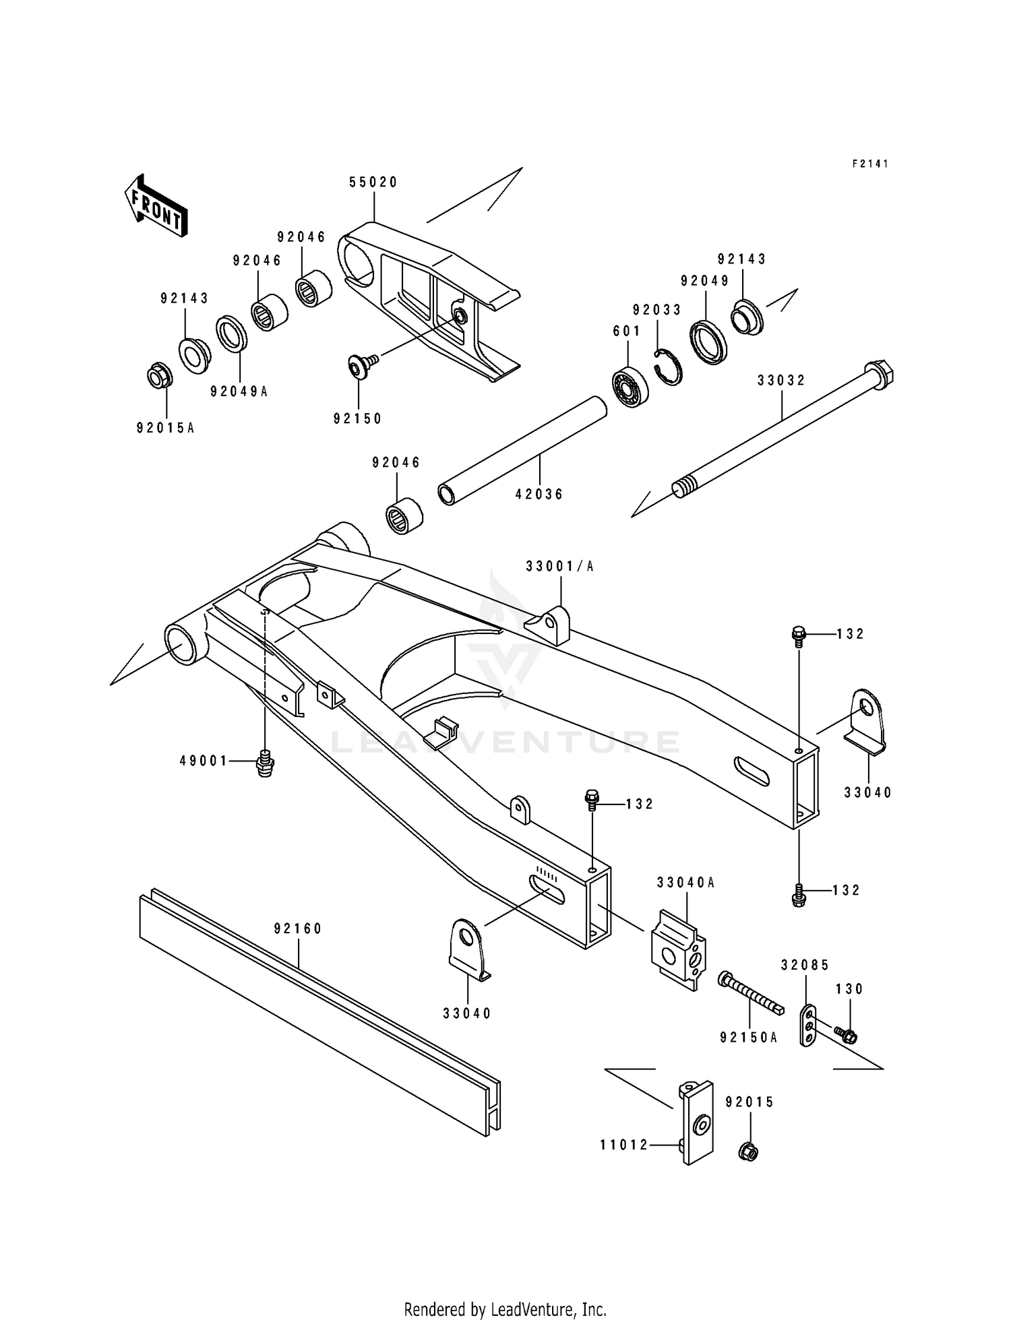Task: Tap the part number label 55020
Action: coord(373,183)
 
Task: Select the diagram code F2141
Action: coord(870,164)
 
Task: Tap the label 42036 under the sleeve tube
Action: coord(539,494)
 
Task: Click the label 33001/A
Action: coord(560,567)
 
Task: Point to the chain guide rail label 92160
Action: coord(298,929)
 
